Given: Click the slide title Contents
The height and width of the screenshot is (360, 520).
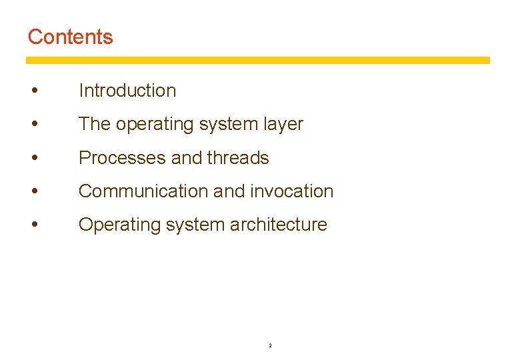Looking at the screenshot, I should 70,37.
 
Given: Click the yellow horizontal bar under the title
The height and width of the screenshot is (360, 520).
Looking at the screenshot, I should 257,60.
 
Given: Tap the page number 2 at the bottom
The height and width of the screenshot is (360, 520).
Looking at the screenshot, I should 269,345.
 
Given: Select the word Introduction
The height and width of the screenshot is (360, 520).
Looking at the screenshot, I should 127,91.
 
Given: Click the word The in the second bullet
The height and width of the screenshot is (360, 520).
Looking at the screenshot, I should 93,124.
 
